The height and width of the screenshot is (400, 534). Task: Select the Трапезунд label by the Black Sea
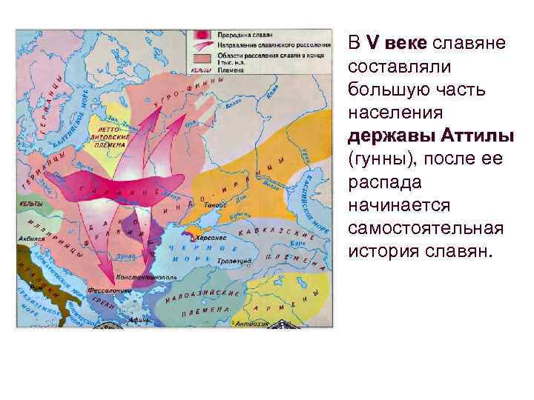pos(236,261)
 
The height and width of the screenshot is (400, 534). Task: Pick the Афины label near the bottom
pos(137,320)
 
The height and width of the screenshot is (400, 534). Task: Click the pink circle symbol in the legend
pos(201,35)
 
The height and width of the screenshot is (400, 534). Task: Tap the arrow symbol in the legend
pos(201,45)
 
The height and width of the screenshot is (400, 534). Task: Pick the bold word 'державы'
pos(391,137)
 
